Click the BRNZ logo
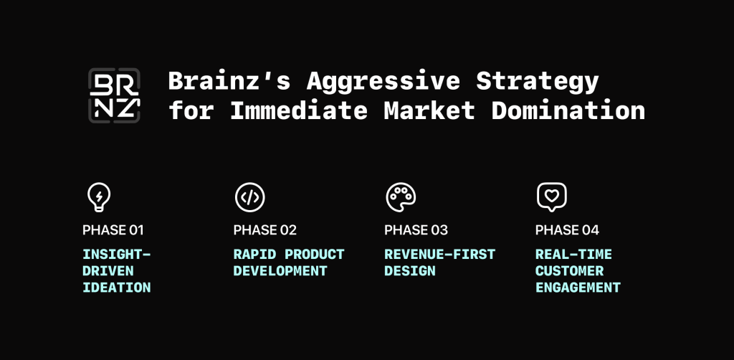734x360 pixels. tap(114, 95)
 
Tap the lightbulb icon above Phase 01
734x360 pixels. tap(99, 197)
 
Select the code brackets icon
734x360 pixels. tap(250, 197)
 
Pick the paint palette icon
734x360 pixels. tap(401, 197)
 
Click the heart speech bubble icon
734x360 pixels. tap(551, 197)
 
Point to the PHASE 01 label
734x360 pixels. tap(113, 230)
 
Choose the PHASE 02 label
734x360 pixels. tap(265, 230)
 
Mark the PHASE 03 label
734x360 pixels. tap(416, 230)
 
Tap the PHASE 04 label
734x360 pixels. tap(567, 230)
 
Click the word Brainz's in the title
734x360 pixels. tap(229, 80)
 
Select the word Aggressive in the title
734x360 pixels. tap(383, 82)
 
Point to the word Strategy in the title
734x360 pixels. tap(538, 82)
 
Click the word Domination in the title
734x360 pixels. tap(568, 110)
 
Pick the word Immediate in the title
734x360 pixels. tap(299, 110)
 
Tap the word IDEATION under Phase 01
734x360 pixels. tap(117, 288)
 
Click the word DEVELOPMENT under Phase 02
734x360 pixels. tap(280, 271)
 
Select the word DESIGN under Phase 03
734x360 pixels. tap(409, 271)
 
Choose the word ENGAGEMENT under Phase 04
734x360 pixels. tap(578, 288)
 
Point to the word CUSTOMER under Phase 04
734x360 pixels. tap(569, 271)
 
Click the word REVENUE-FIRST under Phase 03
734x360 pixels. tap(439, 254)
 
